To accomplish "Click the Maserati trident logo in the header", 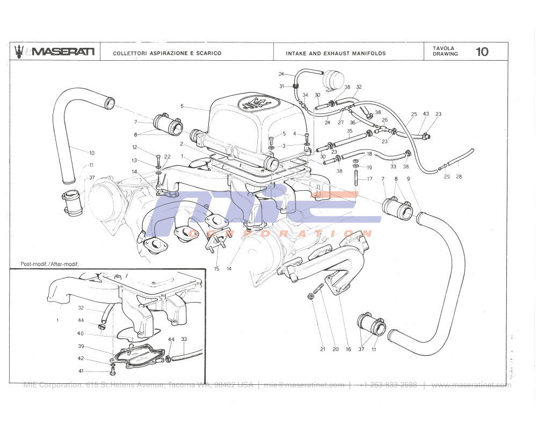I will [x=19, y=51].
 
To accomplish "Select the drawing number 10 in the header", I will [x=482, y=52].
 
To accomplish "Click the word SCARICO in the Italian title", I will [x=207, y=53].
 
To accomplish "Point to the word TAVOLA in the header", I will [x=444, y=48].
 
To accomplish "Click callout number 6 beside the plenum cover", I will [x=182, y=106].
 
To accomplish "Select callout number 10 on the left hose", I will [x=91, y=153].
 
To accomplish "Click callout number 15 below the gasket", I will [x=216, y=268].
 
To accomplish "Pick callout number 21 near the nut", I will [x=323, y=349].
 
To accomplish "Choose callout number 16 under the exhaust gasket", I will [x=349, y=349].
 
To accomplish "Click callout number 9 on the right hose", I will [x=408, y=178].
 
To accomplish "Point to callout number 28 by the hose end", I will [x=459, y=176].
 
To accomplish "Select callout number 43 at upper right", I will [x=426, y=114].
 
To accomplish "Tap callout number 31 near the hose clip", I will [x=281, y=86].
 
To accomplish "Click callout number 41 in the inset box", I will [x=81, y=371].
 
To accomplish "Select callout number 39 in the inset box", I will [x=81, y=346].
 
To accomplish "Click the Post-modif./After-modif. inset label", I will [x=49, y=264].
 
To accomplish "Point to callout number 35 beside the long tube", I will [x=350, y=131].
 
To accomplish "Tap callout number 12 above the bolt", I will [x=135, y=147].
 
